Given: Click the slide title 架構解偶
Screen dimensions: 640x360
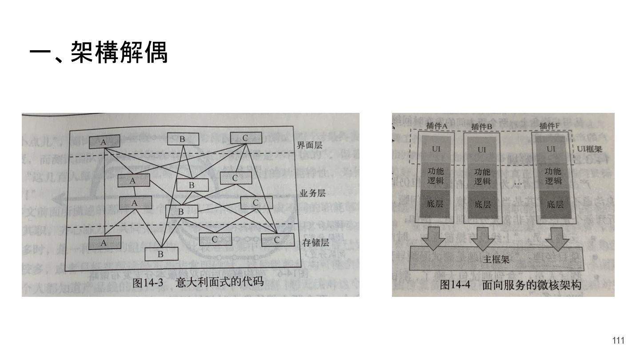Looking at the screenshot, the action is point(98,53).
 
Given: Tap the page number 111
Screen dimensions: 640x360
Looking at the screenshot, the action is point(618,341).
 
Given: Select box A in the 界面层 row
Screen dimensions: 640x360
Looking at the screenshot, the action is point(104,142).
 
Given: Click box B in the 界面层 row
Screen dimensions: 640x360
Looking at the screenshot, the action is point(183,139).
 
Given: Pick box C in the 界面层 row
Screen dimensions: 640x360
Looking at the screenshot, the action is point(245,138).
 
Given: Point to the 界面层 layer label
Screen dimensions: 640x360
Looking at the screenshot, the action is point(310,145).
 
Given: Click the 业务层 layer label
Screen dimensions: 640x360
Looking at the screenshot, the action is point(312,193).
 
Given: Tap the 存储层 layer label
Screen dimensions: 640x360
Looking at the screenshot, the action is point(316,243).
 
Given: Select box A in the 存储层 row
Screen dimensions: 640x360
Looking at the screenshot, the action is point(104,243).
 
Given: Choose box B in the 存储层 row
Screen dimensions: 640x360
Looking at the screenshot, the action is point(161,254).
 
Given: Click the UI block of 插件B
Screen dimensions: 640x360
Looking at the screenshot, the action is point(482,150).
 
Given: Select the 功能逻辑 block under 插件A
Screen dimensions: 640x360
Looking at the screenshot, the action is point(436,176).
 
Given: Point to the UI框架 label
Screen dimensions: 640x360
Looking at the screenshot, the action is point(590,149).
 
